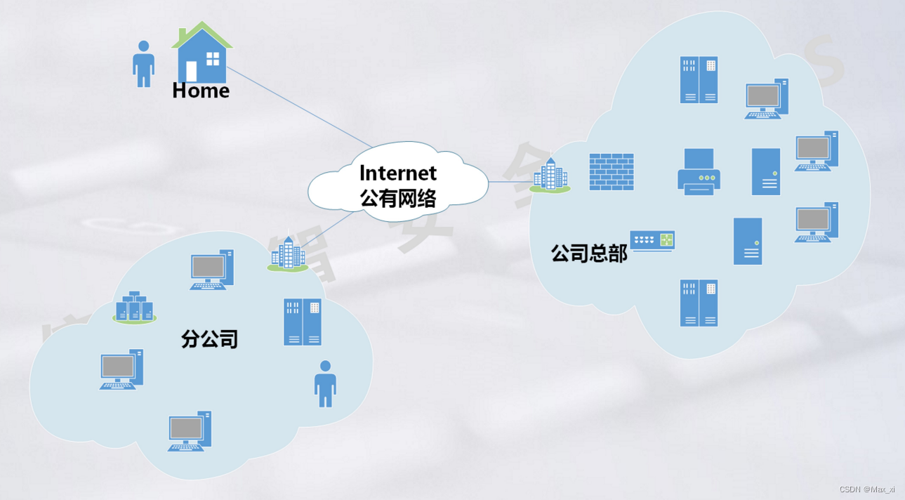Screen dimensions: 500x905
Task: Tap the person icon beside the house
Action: [x=143, y=63]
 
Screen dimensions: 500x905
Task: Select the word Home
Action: [x=201, y=91]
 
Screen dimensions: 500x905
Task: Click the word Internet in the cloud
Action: [x=397, y=173]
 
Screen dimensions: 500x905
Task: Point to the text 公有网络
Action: [x=397, y=198]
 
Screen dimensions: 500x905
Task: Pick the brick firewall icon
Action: [x=611, y=171]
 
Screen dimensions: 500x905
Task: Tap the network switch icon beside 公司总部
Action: [x=652, y=241]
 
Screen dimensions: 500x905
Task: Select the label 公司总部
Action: [x=588, y=254]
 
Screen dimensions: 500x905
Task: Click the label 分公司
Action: [x=209, y=339]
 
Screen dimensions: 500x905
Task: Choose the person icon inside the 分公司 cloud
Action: [x=325, y=383]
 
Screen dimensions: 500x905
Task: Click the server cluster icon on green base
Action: [x=134, y=308]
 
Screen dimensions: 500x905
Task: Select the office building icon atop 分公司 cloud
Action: [x=288, y=254]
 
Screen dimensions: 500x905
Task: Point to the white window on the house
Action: [x=213, y=58]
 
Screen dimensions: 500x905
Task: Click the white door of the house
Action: [x=191, y=71]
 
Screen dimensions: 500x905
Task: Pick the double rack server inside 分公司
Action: [x=303, y=322]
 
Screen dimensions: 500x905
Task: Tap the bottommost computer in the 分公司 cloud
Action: [x=189, y=430]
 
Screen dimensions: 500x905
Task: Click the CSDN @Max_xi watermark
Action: [x=867, y=489]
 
